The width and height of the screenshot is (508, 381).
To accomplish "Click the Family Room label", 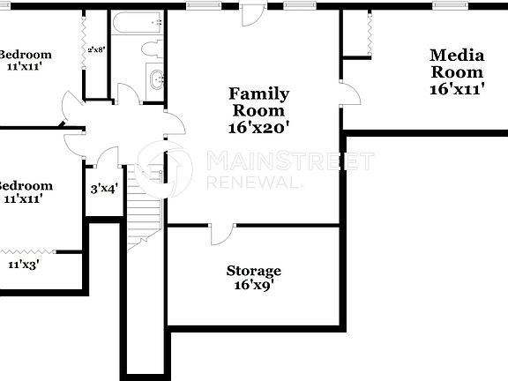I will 258,101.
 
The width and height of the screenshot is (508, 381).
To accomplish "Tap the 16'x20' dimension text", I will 258,127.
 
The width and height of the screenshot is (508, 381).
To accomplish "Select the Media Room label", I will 456,63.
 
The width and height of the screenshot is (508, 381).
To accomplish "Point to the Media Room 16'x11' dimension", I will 456,88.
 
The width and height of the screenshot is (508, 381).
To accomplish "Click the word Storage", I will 253,271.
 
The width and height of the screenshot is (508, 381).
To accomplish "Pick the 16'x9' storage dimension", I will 253,285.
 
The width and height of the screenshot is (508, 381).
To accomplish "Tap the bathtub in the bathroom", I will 139,23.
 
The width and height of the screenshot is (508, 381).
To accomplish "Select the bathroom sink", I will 157,79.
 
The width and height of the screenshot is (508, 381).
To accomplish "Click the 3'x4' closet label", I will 105,188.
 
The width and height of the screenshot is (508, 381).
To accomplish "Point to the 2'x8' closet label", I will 95,49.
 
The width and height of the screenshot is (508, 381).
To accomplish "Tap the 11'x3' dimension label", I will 24,264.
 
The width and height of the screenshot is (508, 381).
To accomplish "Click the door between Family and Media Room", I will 350,92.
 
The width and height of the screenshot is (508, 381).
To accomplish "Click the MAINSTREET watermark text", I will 288,161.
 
